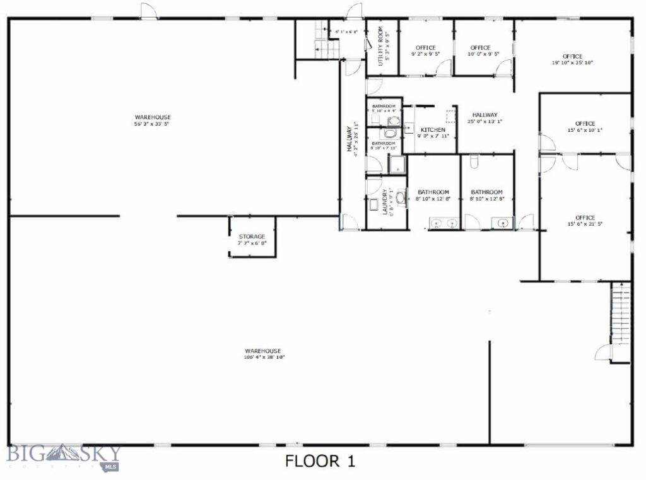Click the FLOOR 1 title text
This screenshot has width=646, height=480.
(x=320, y=461)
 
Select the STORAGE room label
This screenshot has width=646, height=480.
(x=252, y=237)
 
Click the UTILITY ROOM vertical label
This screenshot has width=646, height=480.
(x=381, y=46)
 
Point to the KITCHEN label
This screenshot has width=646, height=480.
(x=433, y=130)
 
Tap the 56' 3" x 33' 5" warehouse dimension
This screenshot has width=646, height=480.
(x=153, y=124)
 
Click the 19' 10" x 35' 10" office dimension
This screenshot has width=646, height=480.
(x=573, y=62)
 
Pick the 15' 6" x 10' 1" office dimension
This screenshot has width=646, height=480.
(x=585, y=131)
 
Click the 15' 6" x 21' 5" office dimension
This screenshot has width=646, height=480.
(x=585, y=224)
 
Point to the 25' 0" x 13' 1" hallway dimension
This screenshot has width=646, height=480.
(x=485, y=121)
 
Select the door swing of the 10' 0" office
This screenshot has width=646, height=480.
(x=504, y=69)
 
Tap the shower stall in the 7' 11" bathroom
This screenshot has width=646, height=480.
(x=398, y=165)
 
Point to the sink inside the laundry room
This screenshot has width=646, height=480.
(x=373, y=206)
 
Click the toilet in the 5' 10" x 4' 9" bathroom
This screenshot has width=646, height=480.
(x=394, y=120)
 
